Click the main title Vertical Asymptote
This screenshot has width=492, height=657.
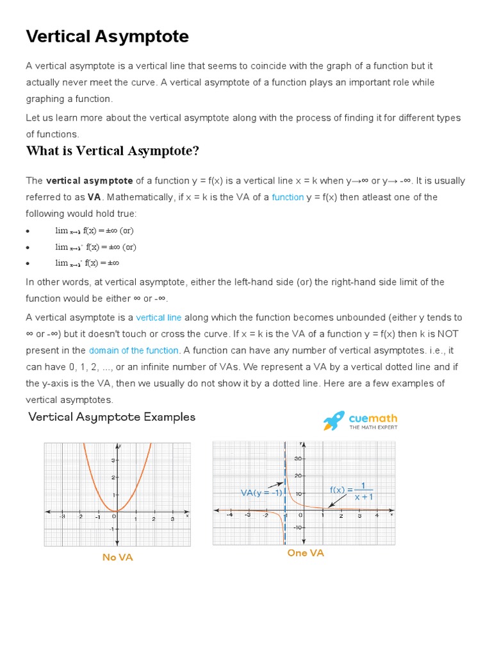[x=107, y=37]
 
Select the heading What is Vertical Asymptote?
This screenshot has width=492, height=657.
[x=112, y=151]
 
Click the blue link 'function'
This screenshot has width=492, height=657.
[x=288, y=197]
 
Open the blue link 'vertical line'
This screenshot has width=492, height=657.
[x=159, y=318]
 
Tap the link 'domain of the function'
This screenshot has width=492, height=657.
[x=133, y=350]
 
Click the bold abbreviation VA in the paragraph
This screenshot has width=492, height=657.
[x=94, y=197]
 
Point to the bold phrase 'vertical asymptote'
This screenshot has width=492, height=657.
[x=90, y=180]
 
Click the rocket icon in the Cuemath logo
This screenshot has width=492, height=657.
[x=334, y=421]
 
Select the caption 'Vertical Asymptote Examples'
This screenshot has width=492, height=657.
[x=112, y=417]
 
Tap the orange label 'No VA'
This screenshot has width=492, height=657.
[x=117, y=558]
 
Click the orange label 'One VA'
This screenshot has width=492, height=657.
[x=306, y=553]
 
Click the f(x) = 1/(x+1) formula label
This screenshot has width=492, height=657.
[x=352, y=491]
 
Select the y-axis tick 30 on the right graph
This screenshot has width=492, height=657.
[x=298, y=459]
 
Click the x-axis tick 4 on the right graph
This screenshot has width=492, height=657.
[x=376, y=516]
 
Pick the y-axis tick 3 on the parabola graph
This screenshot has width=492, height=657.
[x=113, y=460]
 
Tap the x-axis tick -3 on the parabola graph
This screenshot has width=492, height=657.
[x=62, y=516]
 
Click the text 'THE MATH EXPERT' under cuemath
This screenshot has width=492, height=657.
[x=373, y=427]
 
